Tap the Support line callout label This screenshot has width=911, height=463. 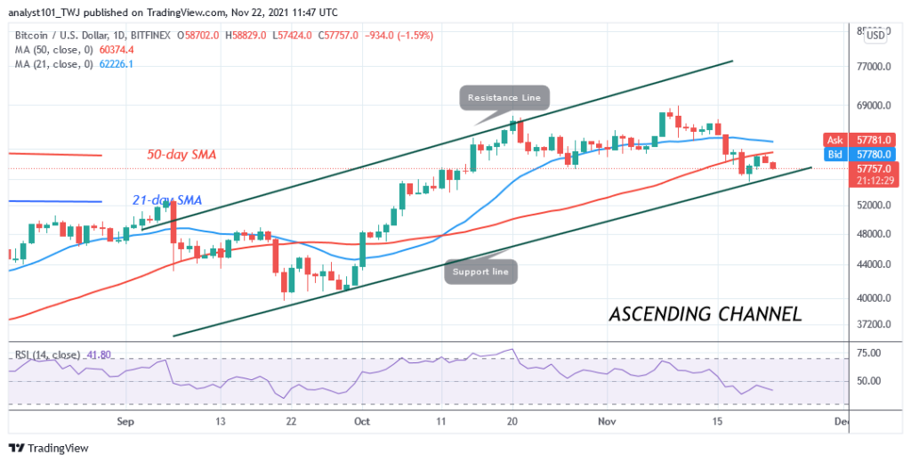[480, 271]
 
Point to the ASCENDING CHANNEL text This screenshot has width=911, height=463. [705, 313]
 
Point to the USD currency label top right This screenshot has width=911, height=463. [876, 36]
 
